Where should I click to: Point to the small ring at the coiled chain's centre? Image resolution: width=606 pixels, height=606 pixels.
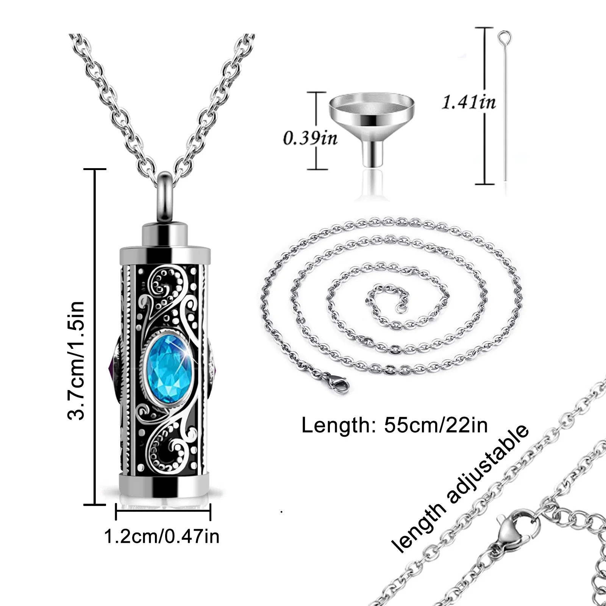click(x=401, y=309)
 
